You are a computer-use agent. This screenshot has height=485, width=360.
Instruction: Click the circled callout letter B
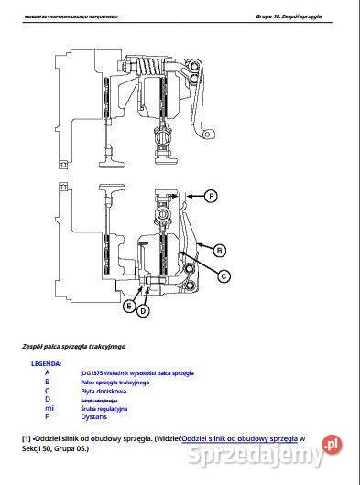220,249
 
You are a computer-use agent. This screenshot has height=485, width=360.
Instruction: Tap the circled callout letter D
143,312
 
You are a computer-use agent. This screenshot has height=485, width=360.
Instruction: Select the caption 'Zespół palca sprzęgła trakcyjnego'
73,347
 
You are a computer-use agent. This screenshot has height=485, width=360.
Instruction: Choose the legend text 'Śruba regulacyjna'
104,408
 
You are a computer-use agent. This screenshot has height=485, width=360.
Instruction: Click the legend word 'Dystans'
93,417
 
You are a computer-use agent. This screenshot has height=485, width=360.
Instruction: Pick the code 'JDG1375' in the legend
90,372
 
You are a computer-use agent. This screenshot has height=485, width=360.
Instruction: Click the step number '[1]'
27,439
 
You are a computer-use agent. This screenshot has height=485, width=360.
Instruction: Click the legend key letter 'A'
47,372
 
